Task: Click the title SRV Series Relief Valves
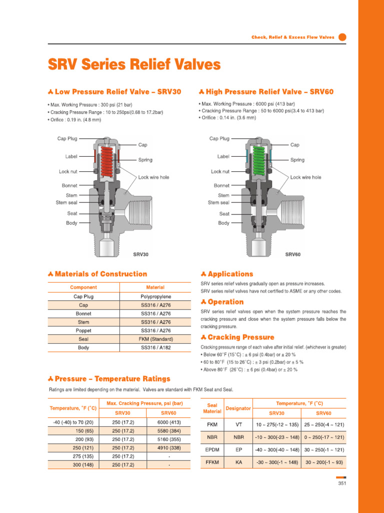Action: [133, 65]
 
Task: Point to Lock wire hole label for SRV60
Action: [305, 177]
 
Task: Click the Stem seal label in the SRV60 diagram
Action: [218, 203]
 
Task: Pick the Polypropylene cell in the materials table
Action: [155, 297]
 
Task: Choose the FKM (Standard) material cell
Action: [155, 339]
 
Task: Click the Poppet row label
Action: [83, 331]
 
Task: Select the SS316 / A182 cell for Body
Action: [155, 348]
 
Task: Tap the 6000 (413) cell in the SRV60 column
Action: [168, 422]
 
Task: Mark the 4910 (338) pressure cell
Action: [168, 448]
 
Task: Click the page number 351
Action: [342, 483]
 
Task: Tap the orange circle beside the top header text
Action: [342, 37]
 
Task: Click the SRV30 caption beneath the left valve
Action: [140, 254]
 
